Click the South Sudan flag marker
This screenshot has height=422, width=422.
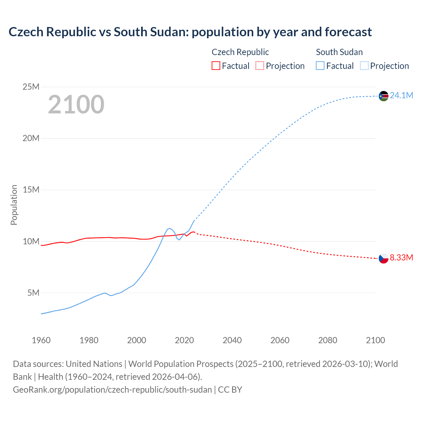coord(383,96)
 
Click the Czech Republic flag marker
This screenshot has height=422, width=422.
coord(383,258)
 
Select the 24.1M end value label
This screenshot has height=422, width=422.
coord(401,96)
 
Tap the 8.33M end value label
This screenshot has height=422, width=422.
coord(401,258)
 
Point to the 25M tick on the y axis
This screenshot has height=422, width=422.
coord(31,87)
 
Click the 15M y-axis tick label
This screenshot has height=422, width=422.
coord(31,190)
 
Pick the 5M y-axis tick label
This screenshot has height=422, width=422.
coord(33,293)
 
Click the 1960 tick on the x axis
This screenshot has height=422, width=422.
coord(41,340)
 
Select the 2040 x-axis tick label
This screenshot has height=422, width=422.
coord(232,340)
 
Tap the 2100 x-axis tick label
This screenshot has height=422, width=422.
coord(375,340)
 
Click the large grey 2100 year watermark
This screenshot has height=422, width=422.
coord(76,105)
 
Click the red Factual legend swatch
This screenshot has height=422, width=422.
coord(216,66)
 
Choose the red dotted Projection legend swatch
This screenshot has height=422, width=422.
coord(260,66)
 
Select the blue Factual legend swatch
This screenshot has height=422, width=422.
coord(320,66)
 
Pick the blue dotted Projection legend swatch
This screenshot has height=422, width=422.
coord(364,66)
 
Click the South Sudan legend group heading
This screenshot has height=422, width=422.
coord(339,52)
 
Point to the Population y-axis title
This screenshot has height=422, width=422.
coord(14,205)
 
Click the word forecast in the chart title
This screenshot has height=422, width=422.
coord(348,32)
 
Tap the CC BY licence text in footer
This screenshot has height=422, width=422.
coord(230,390)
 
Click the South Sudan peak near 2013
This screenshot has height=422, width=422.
coord(170,228)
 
